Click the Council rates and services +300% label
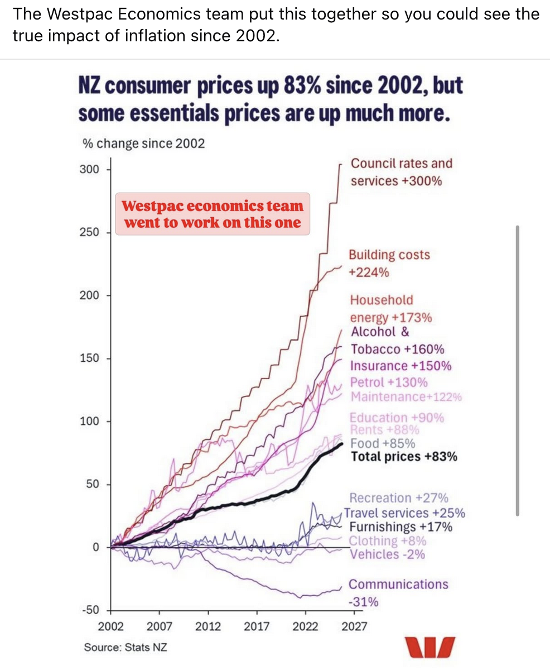401,172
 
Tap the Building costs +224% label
389,264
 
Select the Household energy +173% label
390,309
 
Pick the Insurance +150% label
401,366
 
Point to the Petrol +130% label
389,382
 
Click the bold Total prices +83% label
404,457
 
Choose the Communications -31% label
398,593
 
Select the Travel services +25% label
404,513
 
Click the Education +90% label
397,418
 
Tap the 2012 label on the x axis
209,626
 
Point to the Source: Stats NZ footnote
126,648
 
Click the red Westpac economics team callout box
212,214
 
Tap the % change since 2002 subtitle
144,143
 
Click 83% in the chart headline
307,87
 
